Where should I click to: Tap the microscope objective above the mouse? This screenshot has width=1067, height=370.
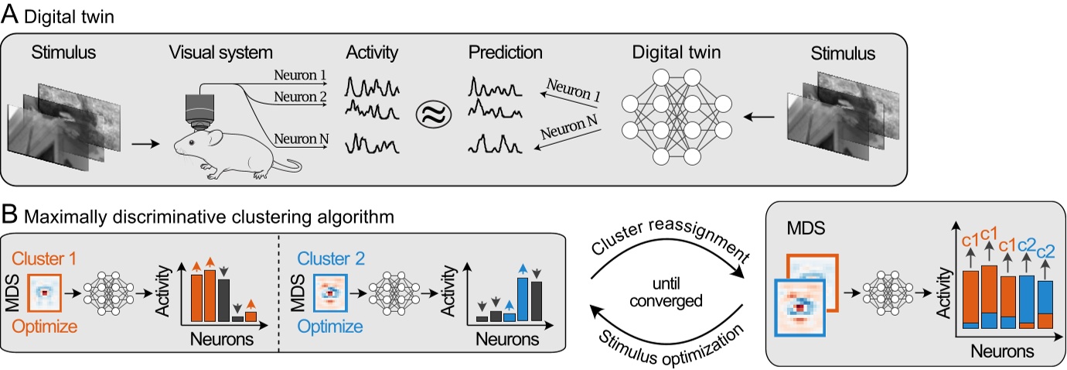(x=200, y=108)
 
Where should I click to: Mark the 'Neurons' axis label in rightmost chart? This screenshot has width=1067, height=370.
(x=1002, y=351)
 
